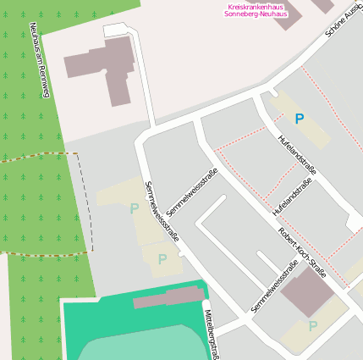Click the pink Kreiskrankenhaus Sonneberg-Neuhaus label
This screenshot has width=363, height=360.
254,11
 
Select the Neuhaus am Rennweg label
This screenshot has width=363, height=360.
39,59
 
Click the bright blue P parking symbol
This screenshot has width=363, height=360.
299,119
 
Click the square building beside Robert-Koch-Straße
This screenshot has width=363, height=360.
307,292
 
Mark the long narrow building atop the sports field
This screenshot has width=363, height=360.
169,297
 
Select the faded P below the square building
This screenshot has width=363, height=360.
313,326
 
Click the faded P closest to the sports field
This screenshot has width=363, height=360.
162,259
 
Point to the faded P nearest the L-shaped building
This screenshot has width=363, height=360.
134,208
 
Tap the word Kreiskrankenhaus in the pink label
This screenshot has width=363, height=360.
254,7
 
